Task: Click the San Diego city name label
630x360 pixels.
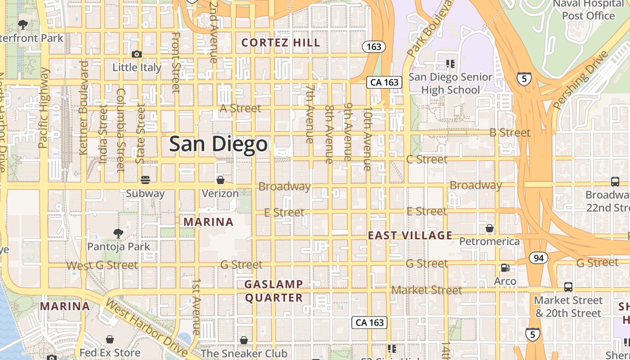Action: pos(218,144)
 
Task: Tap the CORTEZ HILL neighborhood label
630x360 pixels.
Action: pos(281,43)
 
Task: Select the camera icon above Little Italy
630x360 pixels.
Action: pos(137,54)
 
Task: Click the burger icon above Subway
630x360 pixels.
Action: pos(145,180)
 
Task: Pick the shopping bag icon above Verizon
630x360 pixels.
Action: pos(220,180)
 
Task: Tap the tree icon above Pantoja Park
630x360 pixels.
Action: pos(118,233)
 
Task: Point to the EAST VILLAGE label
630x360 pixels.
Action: pos(410,235)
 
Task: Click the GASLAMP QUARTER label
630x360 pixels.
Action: pos(274,291)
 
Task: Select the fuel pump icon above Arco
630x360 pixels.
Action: pos(505,268)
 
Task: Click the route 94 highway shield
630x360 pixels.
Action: pos(538,258)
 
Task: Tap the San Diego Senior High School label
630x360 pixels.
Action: pos(450,83)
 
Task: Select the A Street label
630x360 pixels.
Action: pos(240,108)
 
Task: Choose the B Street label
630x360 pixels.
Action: pos(510,133)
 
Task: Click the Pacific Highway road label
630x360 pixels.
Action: pos(44,108)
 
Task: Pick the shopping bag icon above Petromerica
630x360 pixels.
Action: pos(490,229)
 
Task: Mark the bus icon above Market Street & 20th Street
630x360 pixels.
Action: pos(568,287)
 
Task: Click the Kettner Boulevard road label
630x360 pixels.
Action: pos(83,108)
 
